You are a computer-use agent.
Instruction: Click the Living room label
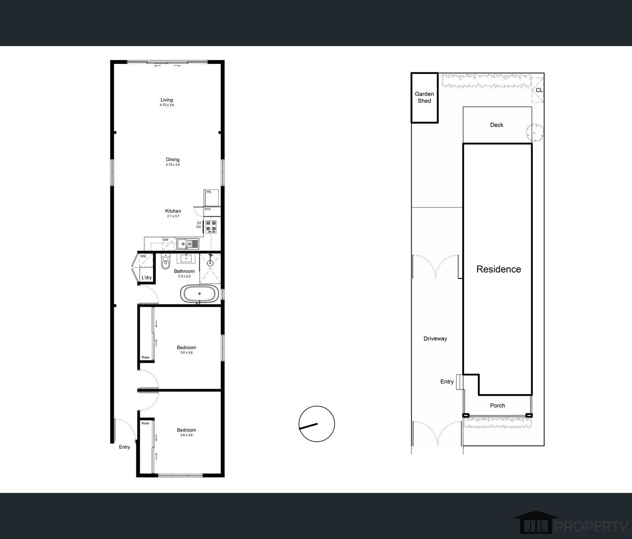[x=167, y=100]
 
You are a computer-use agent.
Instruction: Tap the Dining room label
[x=173, y=160]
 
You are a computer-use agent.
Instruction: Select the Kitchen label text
[x=173, y=211]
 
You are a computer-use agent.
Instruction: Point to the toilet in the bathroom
[x=165, y=263]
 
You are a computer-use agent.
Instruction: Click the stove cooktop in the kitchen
[x=211, y=226]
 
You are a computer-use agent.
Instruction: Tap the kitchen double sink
[x=188, y=244]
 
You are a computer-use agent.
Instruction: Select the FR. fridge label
[x=209, y=192]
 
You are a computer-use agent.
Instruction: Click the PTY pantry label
[x=208, y=209]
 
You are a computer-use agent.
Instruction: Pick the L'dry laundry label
[x=147, y=278]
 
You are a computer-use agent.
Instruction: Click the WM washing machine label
[x=143, y=256]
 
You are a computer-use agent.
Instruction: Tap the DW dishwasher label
[x=166, y=240]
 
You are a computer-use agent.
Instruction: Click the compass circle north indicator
[x=317, y=424]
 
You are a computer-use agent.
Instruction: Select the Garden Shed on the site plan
[x=424, y=98]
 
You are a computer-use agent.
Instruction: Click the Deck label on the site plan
[x=497, y=125]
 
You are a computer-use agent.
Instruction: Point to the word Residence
[x=499, y=269]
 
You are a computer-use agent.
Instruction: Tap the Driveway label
[x=435, y=338]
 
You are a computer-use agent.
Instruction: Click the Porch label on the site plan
[x=498, y=405]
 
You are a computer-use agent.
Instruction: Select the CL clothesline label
[x=539, y=90]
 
